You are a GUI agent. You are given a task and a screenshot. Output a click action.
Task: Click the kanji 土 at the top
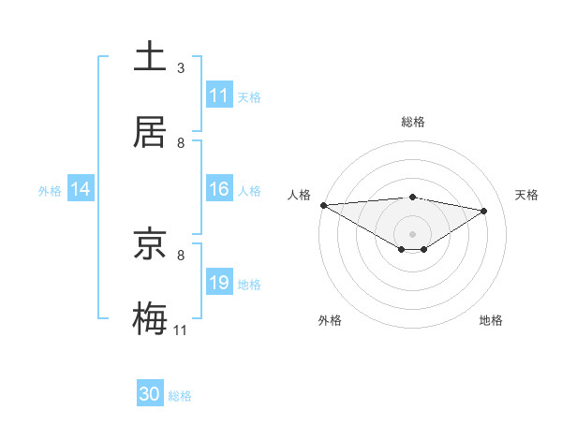pyautogui.click(x=151, y=56)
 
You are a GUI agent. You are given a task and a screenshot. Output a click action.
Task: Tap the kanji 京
pyautogui.click(x=151, y=245)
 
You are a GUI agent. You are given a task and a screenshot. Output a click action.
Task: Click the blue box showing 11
pyautogui.click(x=219, y=95)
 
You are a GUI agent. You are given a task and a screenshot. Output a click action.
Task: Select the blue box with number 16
pyautogui.click(x=219, y=190)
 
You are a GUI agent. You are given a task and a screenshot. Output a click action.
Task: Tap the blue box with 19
pyautogui.click(x=219, y=284)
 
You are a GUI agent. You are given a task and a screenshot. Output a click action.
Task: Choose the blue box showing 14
pyautogui.click(x=81, y=190)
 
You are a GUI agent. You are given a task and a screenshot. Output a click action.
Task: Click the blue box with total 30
pyautogui.click(x=150, y=395)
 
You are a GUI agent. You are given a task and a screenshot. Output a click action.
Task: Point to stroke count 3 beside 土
pyautogui.click(x=181, y=67)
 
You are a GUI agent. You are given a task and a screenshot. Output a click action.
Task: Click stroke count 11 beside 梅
pyautogui.click(x=181, y=330)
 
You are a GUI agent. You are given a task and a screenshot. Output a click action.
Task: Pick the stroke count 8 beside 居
pyautogui.click(x=181, y=142)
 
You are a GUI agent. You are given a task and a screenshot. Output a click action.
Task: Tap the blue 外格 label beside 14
pyautogui.click(x=50, y=191)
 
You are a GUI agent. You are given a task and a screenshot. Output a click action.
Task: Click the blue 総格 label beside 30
pyautogui.click(x=180, y=396)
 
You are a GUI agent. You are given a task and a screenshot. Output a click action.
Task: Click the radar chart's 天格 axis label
pyautogui.click(x=527, y=195)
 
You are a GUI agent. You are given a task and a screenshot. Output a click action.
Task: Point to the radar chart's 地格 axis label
pyautogui.click(x=491, y=320)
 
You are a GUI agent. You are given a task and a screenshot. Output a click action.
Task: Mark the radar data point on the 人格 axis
pyautogui.click(x=323, y=205)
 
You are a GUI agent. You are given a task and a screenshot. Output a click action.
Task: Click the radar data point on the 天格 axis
pyautogui.click(x=484, y=211)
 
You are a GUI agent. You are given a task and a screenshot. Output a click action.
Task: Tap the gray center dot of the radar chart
pyautogui.click(x=412, y=233)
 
